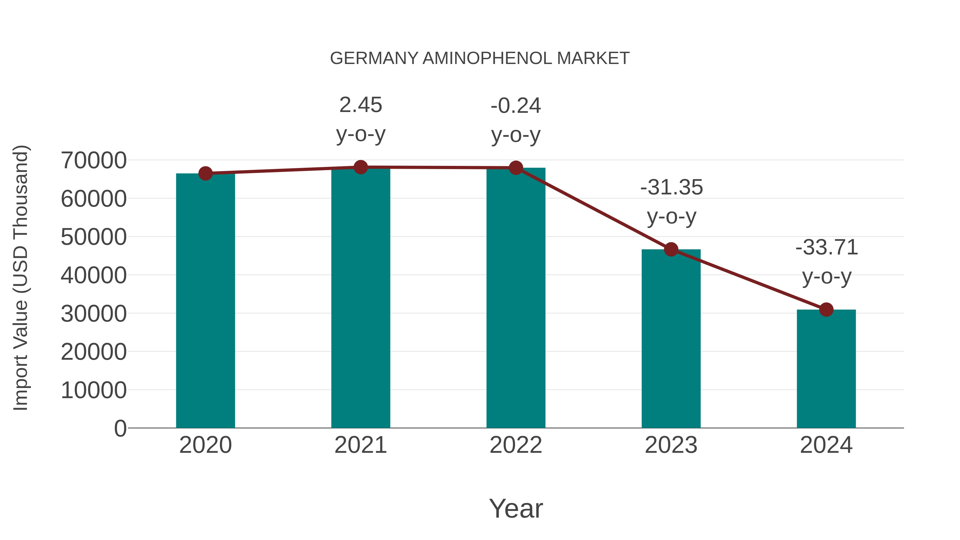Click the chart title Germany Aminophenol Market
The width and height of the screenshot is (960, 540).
[480, 58]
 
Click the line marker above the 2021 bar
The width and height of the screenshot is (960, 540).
[360, 167]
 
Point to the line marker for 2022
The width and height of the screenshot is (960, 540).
[516, 168]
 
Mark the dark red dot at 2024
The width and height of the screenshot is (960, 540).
[826, 309]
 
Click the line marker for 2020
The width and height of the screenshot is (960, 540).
[205, 173]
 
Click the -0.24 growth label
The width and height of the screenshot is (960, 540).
[516, 120]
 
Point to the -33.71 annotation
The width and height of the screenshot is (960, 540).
[827, 262]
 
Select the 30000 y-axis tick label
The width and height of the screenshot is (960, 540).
[94, 314]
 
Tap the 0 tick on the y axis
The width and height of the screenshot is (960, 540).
[120, 429]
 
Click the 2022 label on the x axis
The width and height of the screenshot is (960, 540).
[516, 445]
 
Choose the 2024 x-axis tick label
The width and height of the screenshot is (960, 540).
[826, 445]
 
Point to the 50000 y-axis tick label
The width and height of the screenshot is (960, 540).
[94, 237]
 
